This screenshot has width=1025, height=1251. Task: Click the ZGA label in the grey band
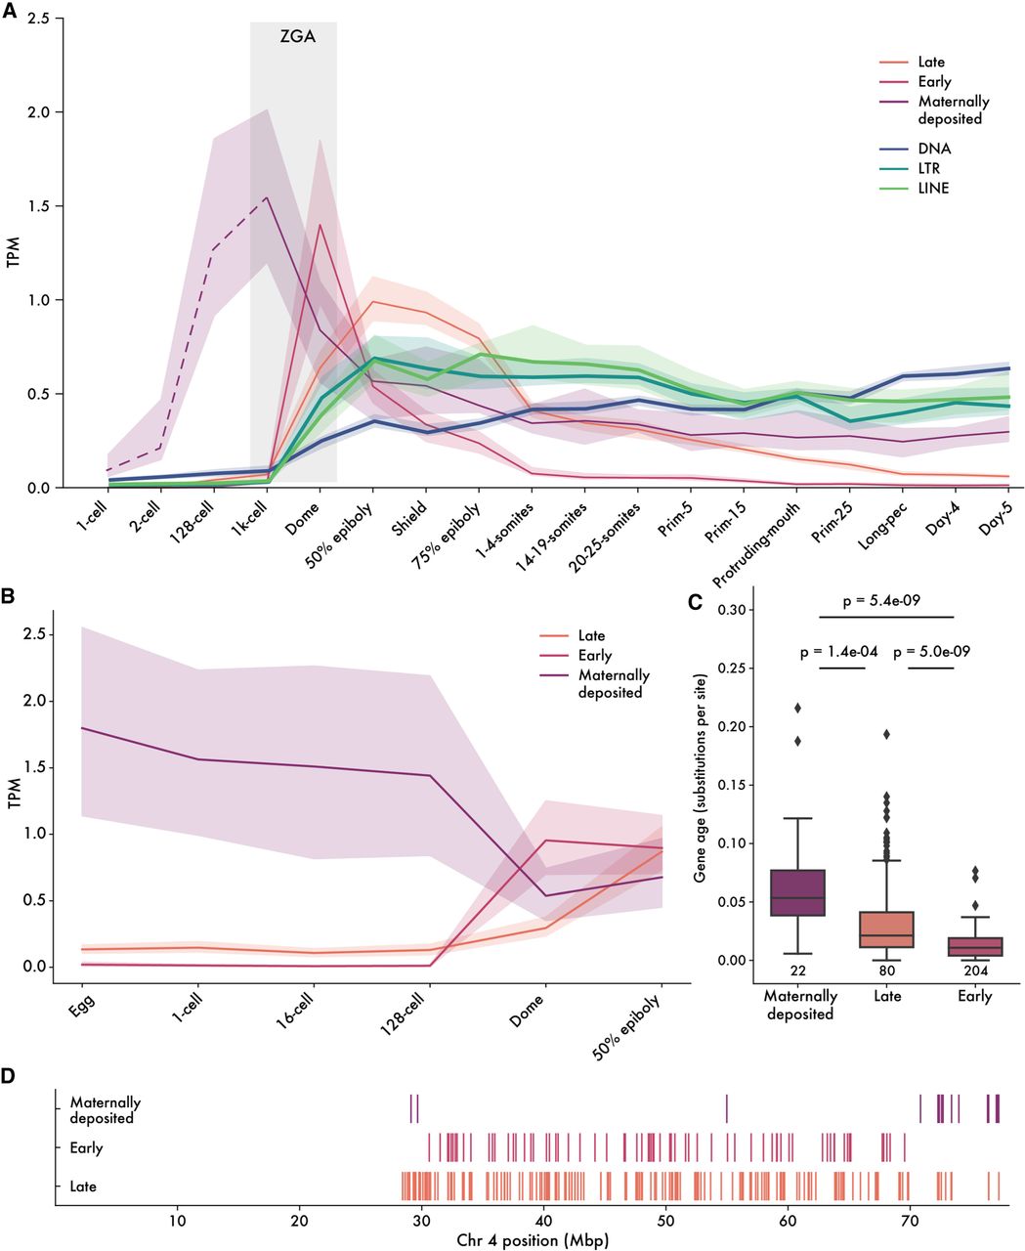[x=294, y=40]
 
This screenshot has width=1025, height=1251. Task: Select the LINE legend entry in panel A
[x=933, y=188]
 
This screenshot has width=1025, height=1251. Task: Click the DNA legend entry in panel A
[x=934, y=149]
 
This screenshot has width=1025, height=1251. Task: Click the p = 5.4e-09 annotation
[x=884, y=602]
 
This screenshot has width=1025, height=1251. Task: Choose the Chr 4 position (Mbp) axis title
[x=532, y=1240]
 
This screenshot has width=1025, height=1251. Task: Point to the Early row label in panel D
[x=86, y=1148]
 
